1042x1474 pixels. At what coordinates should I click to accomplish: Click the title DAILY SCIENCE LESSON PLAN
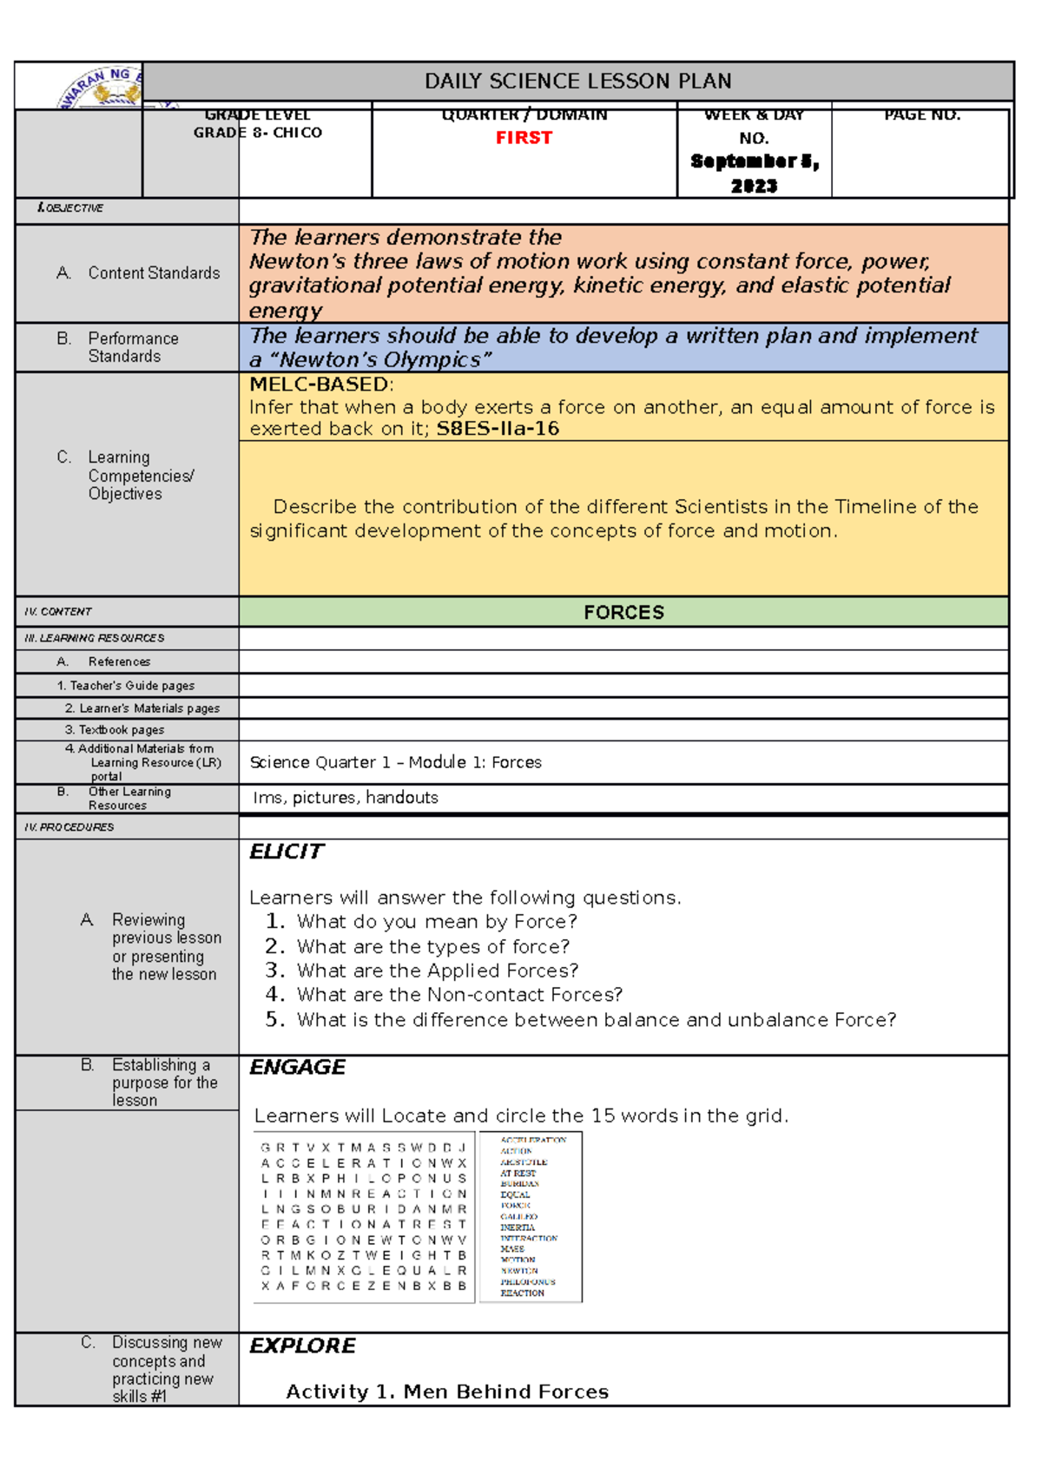(577, 82)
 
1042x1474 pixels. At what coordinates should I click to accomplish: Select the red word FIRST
(524, 138)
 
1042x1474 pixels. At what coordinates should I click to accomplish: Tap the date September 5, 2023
(754, 173)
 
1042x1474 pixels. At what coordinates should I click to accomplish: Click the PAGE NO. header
(921, 115)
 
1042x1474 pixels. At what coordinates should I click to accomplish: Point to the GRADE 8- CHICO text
(258, 133)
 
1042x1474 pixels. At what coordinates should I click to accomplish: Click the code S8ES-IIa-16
(498, 429)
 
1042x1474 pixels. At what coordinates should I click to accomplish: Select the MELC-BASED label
(319, 385)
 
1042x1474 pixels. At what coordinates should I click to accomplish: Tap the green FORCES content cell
(623, 613)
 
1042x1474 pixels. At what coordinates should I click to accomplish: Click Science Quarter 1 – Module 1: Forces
(395, 762)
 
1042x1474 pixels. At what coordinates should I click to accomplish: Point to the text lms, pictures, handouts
(346, 798)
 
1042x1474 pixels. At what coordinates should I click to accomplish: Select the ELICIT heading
(286, 852)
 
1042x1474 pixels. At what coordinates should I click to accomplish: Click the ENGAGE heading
(297, 1067)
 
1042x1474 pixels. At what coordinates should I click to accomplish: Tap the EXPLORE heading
(302, 1346)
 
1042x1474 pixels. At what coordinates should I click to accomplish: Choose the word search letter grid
(364, 1216)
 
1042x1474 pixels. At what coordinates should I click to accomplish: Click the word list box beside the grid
(531, 1216)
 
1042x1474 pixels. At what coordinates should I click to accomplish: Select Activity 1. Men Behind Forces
(447, 1392)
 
